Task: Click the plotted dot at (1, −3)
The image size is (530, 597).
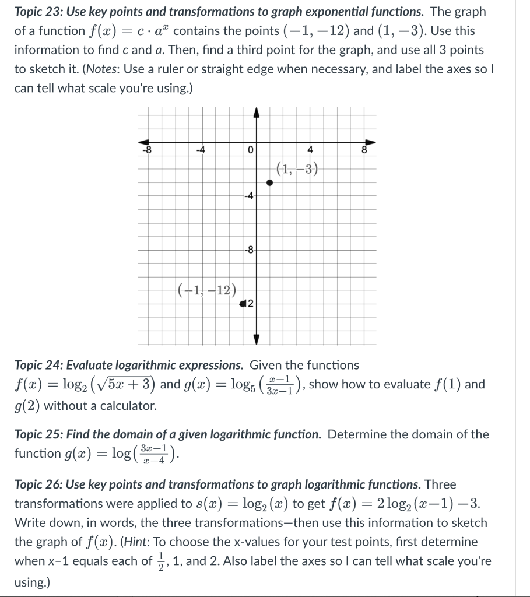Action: point(269,182)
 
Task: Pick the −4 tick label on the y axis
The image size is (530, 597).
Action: point(248,195)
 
